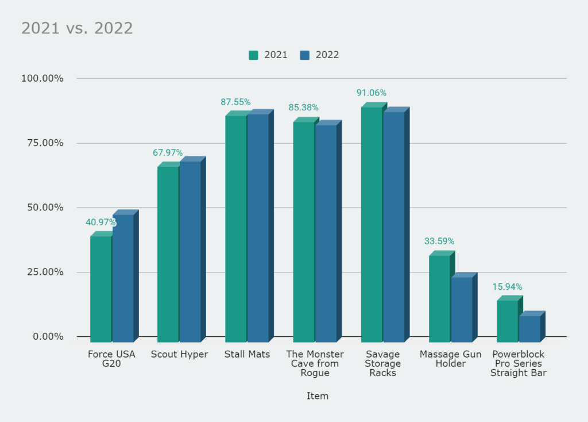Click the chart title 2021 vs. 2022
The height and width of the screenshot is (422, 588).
coord(77,28)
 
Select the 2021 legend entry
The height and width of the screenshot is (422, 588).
coord(268,55)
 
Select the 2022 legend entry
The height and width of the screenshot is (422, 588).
coord(319,55)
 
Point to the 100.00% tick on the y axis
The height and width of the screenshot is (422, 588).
coord(42,78)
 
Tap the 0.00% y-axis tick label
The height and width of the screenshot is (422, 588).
coord(47,336)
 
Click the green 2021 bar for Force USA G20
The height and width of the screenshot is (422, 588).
coord(101,287)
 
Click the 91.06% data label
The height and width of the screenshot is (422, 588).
coord(371,93)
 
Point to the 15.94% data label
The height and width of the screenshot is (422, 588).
coord(507,287)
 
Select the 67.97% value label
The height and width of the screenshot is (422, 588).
coord(168,153)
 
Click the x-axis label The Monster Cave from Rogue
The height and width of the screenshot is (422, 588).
coord(315,363)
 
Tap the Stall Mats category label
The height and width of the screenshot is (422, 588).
coord(247,354)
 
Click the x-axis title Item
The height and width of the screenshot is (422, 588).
coord(317,396)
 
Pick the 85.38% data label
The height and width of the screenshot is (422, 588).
coord(303,108)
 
